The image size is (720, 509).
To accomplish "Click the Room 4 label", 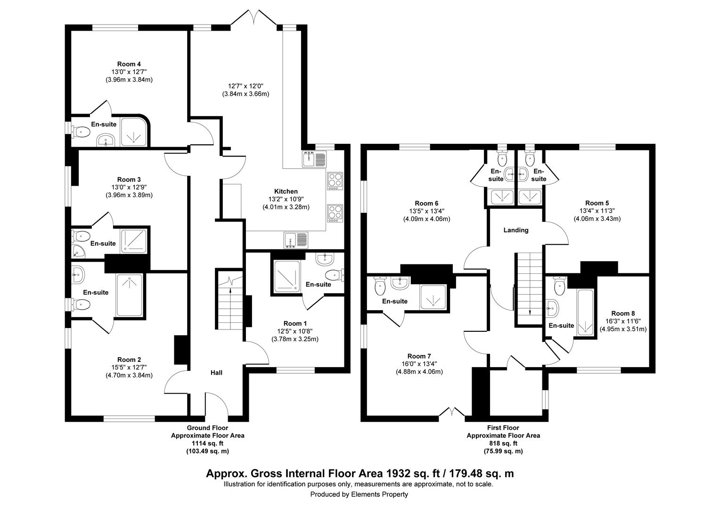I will click(x=129, y=64).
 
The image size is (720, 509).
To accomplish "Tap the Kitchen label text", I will click(x=286, y=191).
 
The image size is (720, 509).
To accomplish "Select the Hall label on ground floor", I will click(x=216, y=373).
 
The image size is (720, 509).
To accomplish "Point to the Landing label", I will click(x=516, y=230).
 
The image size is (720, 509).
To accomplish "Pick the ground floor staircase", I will click(x=229, y=304).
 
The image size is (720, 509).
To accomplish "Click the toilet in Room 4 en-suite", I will click(x=81, y=132).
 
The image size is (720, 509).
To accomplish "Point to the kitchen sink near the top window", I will click(x=314, y=159).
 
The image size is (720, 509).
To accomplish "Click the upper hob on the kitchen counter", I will click(x=335, y=181).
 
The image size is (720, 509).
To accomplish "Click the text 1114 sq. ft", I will click(x=207, y=443).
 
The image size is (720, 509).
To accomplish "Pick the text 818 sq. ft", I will click(x=503, y=443).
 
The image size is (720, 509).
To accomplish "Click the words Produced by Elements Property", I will click(x=359, y=494).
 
